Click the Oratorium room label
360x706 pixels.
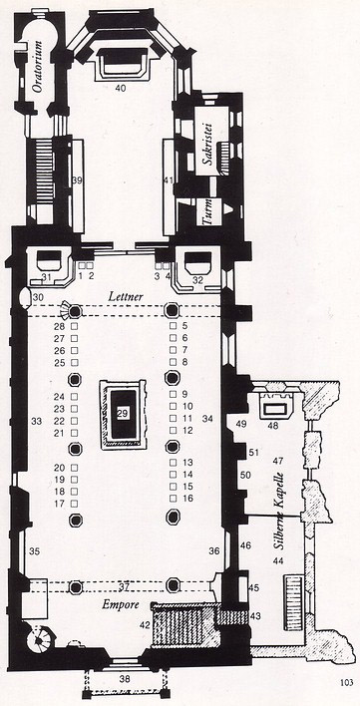38,67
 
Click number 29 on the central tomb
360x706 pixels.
124,413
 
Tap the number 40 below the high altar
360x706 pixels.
120,88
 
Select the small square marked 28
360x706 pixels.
74,325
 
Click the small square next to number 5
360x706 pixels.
173,325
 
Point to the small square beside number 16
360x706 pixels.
173,499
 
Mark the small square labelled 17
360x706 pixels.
74,504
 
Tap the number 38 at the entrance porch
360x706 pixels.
125,678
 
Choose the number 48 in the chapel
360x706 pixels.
272,425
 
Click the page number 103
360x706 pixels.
347,683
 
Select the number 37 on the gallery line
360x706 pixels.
125,587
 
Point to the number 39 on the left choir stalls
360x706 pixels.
77,180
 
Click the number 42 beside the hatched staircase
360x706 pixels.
145,624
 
